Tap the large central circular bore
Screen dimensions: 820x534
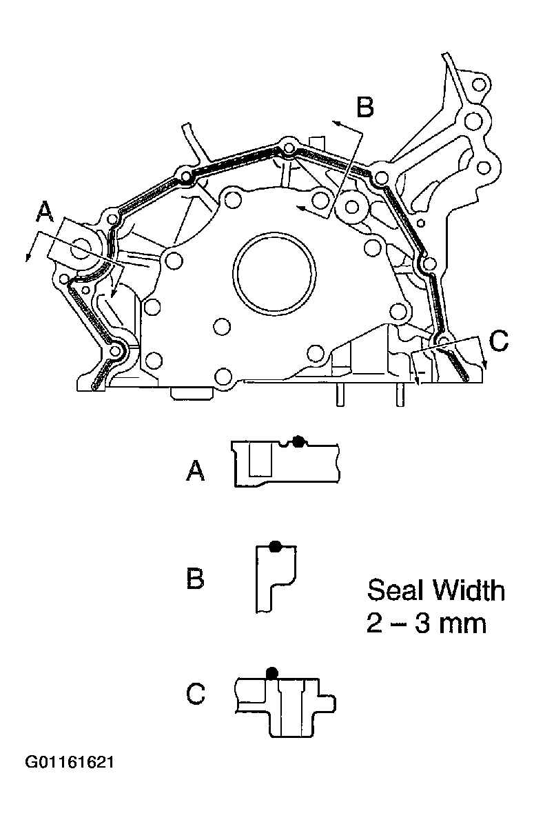[274, 272]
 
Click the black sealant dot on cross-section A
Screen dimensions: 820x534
[298, 442]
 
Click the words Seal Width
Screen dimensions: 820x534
[435, 590]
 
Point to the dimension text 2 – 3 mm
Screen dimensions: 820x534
[426, 623]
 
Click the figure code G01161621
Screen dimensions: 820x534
[69, 763]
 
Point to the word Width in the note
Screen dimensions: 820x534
[469, 590]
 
